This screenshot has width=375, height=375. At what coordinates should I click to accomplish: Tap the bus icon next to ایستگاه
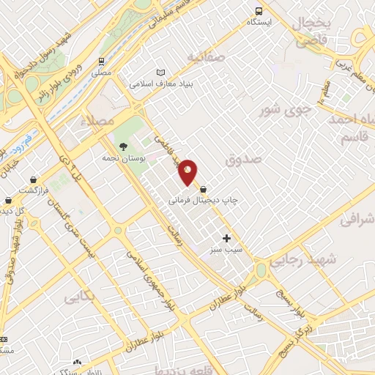(x=258, y=10)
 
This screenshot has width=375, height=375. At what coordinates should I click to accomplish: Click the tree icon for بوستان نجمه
(x=122, y=146)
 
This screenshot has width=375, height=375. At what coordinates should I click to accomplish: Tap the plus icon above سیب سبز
(x=226, y=238)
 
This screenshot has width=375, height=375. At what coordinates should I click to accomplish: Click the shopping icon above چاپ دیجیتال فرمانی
(x=213, y=188)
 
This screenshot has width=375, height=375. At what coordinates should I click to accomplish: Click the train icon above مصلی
(x=100, y=62)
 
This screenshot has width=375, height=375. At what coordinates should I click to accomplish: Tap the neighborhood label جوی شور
(x=286, y=111)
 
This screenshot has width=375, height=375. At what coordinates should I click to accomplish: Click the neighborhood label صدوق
(x=244, y=159)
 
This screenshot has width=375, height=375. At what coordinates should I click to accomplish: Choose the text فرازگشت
(x=34, y=190)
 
